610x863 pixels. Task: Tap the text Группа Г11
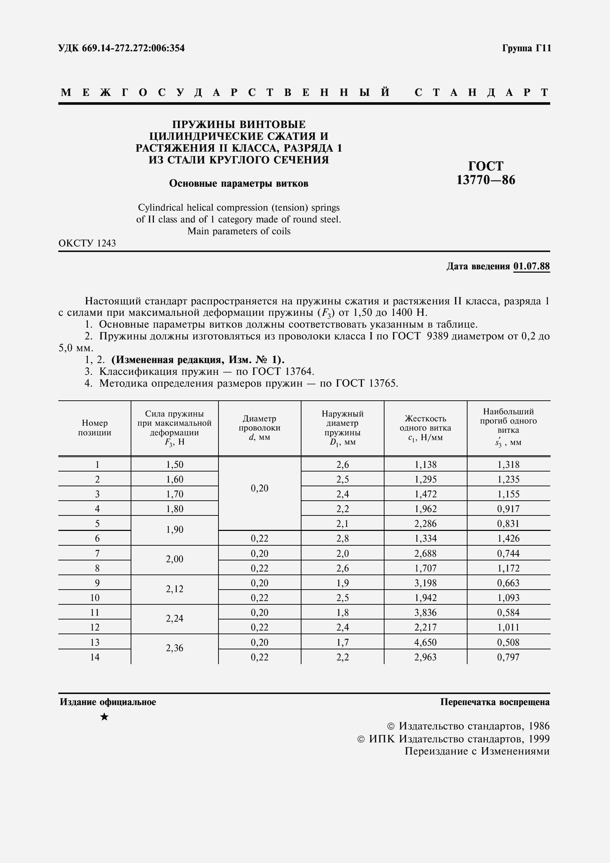526,48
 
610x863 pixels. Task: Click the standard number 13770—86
486,180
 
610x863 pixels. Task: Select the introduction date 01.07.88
531,266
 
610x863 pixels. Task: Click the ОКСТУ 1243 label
87,243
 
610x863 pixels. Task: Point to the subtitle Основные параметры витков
239,183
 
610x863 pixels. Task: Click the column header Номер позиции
95,428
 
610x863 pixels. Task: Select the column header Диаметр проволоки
259,428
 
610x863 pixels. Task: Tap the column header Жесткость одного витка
425,428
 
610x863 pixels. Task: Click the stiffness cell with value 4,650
425,642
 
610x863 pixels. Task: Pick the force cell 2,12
175,589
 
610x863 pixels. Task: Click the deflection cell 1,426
508,539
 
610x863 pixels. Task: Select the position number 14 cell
95,657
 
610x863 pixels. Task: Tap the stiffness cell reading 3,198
425,583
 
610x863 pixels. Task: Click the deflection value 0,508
508,642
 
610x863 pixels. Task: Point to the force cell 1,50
175,465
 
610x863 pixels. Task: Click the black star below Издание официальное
104,717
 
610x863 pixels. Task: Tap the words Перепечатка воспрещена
494,702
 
